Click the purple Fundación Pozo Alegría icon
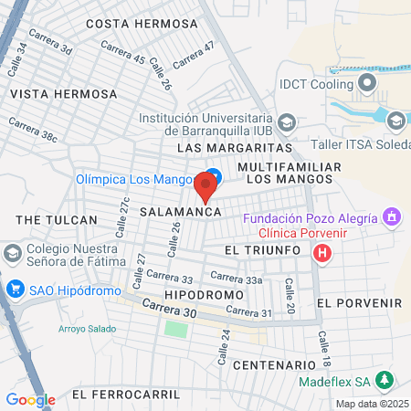click(392, 216)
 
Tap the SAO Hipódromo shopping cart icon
click(14, 290)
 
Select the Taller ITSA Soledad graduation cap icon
click(396, 120)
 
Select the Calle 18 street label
click(322, 343)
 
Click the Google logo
click(30, 399)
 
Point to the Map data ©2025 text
click(372, 404)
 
